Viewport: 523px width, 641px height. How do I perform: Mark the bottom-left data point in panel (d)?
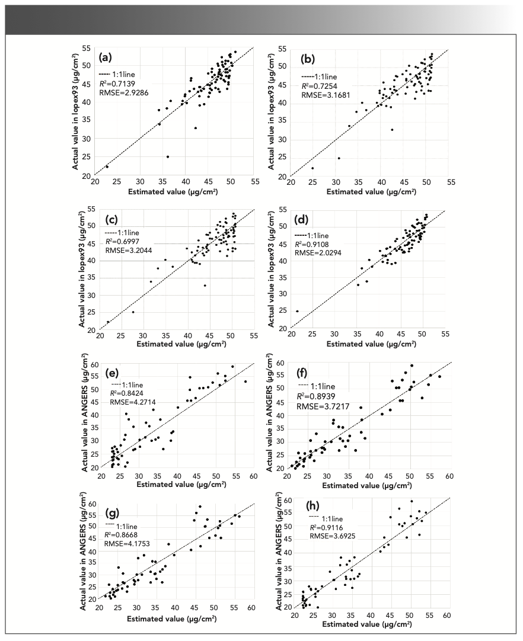pyautogui.click(x=297, y=311)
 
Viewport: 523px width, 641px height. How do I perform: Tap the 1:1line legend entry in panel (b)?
pyautogui.click(x=320, y=76)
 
